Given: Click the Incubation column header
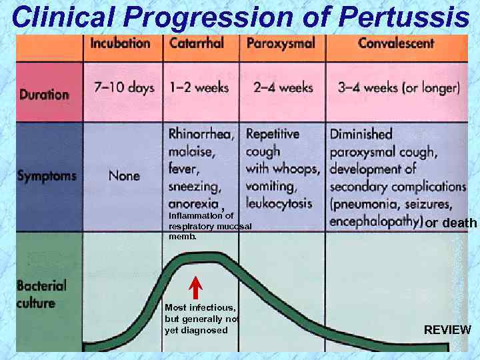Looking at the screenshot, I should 120,44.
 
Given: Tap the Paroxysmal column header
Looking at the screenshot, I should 280,44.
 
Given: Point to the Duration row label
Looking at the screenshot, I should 44,94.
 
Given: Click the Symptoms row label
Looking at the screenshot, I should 47,176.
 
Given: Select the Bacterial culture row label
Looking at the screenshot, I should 41,294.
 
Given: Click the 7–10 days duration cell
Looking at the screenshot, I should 123,87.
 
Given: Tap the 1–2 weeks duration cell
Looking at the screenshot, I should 199,87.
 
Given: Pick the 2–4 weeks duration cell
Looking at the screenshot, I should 283,87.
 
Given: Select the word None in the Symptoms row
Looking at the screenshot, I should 124,176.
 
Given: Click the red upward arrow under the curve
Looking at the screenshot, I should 195,287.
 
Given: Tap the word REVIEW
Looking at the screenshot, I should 447,330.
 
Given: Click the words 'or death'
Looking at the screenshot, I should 451,223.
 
